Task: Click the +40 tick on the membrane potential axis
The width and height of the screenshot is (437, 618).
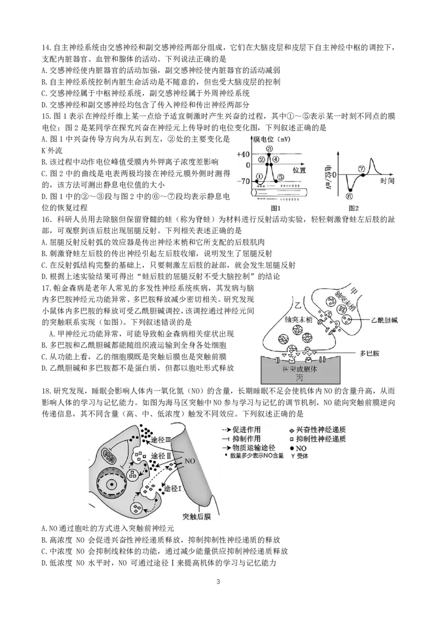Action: (244, 154)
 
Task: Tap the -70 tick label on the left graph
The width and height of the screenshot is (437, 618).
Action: (244, 181)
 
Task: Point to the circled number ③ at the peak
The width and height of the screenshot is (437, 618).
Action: (269, 148)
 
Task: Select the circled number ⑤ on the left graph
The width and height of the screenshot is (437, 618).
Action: (280, 177)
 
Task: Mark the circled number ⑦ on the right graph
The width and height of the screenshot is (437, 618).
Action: (362, 169)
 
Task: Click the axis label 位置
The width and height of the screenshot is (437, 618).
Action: (299, 170)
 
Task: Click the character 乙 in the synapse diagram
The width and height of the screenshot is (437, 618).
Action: (298, 302)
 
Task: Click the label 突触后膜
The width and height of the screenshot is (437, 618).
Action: (196, 516)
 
